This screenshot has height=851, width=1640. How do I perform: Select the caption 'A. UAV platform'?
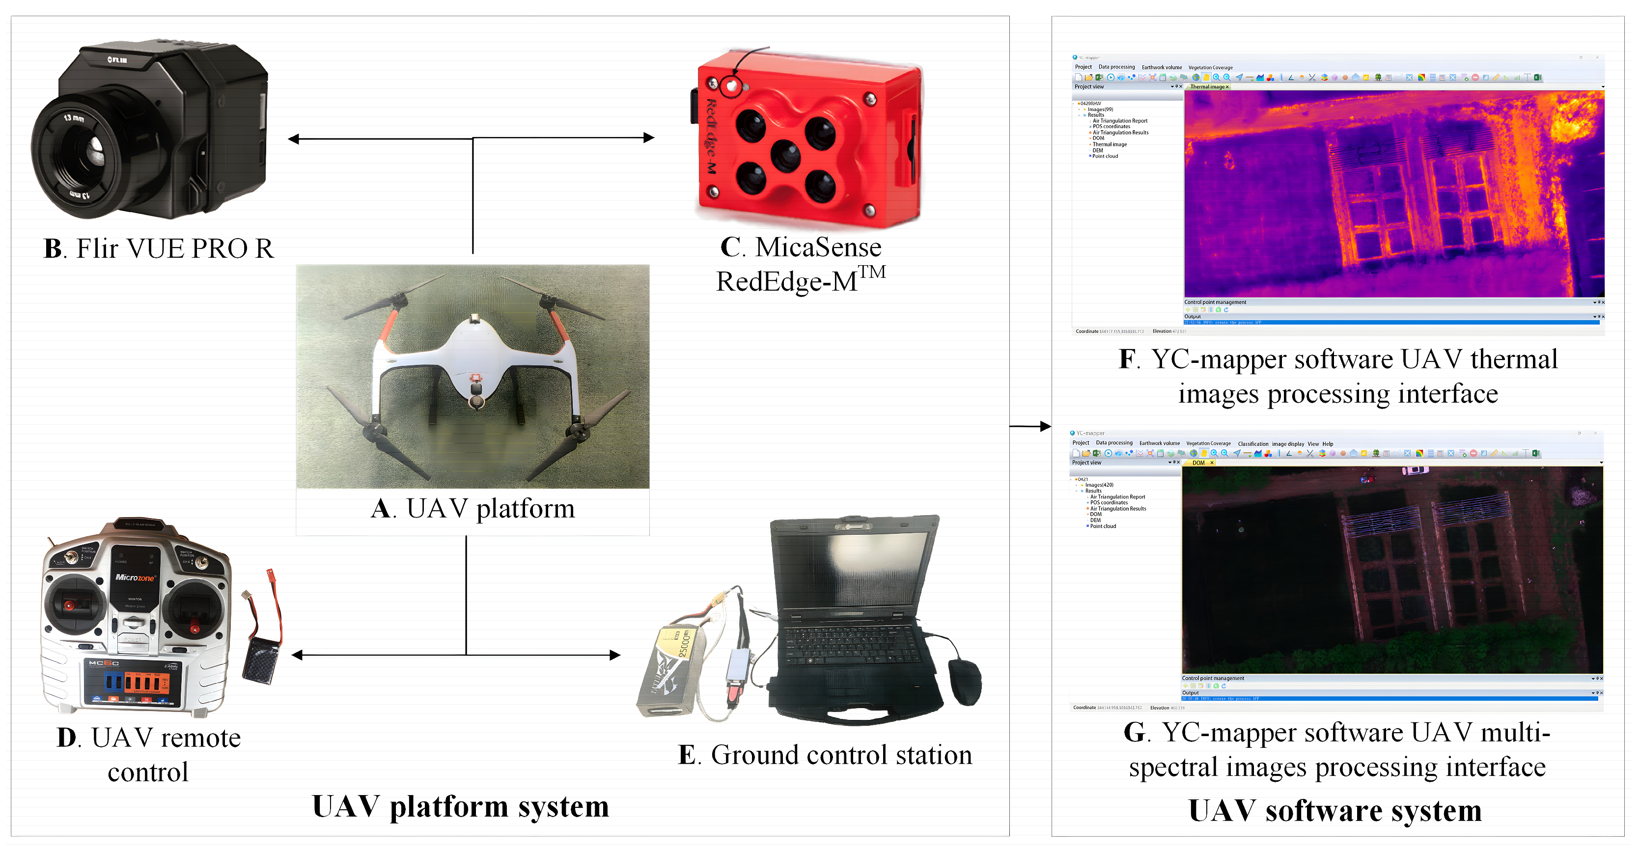[473, 509]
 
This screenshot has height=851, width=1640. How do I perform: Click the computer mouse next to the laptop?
[965, 681]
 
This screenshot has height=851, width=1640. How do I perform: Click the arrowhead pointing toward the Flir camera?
[294, 139]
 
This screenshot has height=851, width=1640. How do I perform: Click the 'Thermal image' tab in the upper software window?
[1208, 86]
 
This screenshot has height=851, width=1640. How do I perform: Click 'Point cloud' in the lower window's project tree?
[1103, 526]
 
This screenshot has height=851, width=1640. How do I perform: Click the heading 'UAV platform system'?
[460, 806]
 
